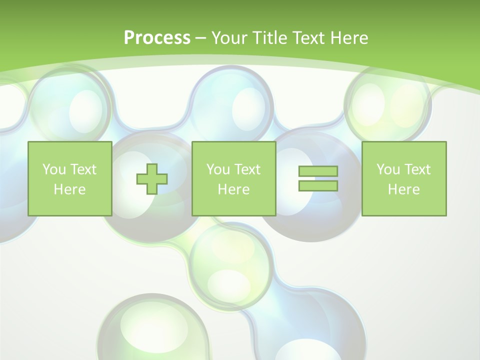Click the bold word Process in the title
pos(157,38)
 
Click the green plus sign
pos(152,178)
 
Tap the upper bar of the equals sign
pos(318,171)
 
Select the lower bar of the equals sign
pos(318,185)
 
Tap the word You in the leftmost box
pos(54,169)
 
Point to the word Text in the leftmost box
pos(83,169)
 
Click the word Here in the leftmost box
pos(69,189)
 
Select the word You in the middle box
pos(218,169)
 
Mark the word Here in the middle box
pos(233,189)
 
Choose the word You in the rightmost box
pos(388,169)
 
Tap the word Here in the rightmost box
pos(403,189)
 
